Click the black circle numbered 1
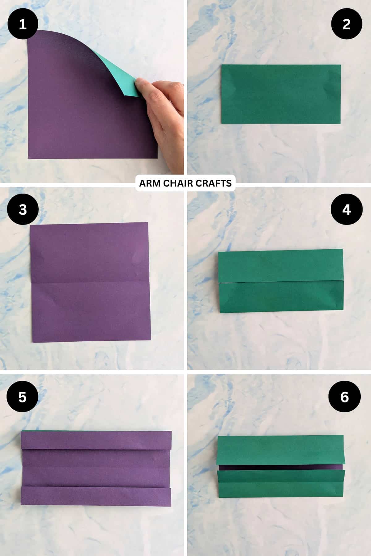click(x=23, y=24)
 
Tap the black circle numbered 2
click(x=346, y=24)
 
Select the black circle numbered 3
click(x=23, y=209)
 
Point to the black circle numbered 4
click(x=346, y=209)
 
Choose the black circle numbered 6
click(x=344, y=397)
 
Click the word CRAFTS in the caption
click(x=216, y=183)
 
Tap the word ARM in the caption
click(x=150, y=183)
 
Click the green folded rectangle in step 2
click(x=281, y=94)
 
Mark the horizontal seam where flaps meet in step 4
click(x=281, y=281)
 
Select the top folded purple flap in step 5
click(x=96, y=440)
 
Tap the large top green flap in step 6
click(x=281, y=450)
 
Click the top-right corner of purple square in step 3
click(x=148, y=223)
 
